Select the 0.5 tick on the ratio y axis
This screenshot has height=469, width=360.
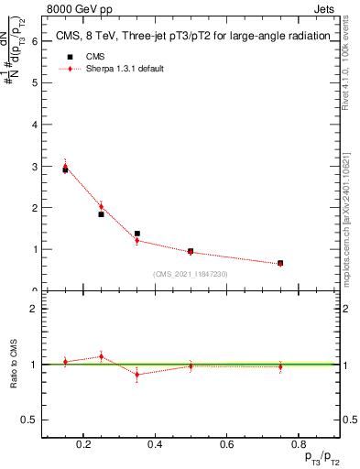(29, 420)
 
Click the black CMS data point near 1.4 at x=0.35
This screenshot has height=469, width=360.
(136, 234)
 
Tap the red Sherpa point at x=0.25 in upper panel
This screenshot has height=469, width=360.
(101, 207)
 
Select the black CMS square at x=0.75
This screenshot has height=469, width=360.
(280, 263)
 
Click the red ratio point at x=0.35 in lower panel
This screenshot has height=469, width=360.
(136, 375)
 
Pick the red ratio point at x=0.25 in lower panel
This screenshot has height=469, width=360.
(101, 356)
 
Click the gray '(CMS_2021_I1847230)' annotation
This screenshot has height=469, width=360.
(190, 274)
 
